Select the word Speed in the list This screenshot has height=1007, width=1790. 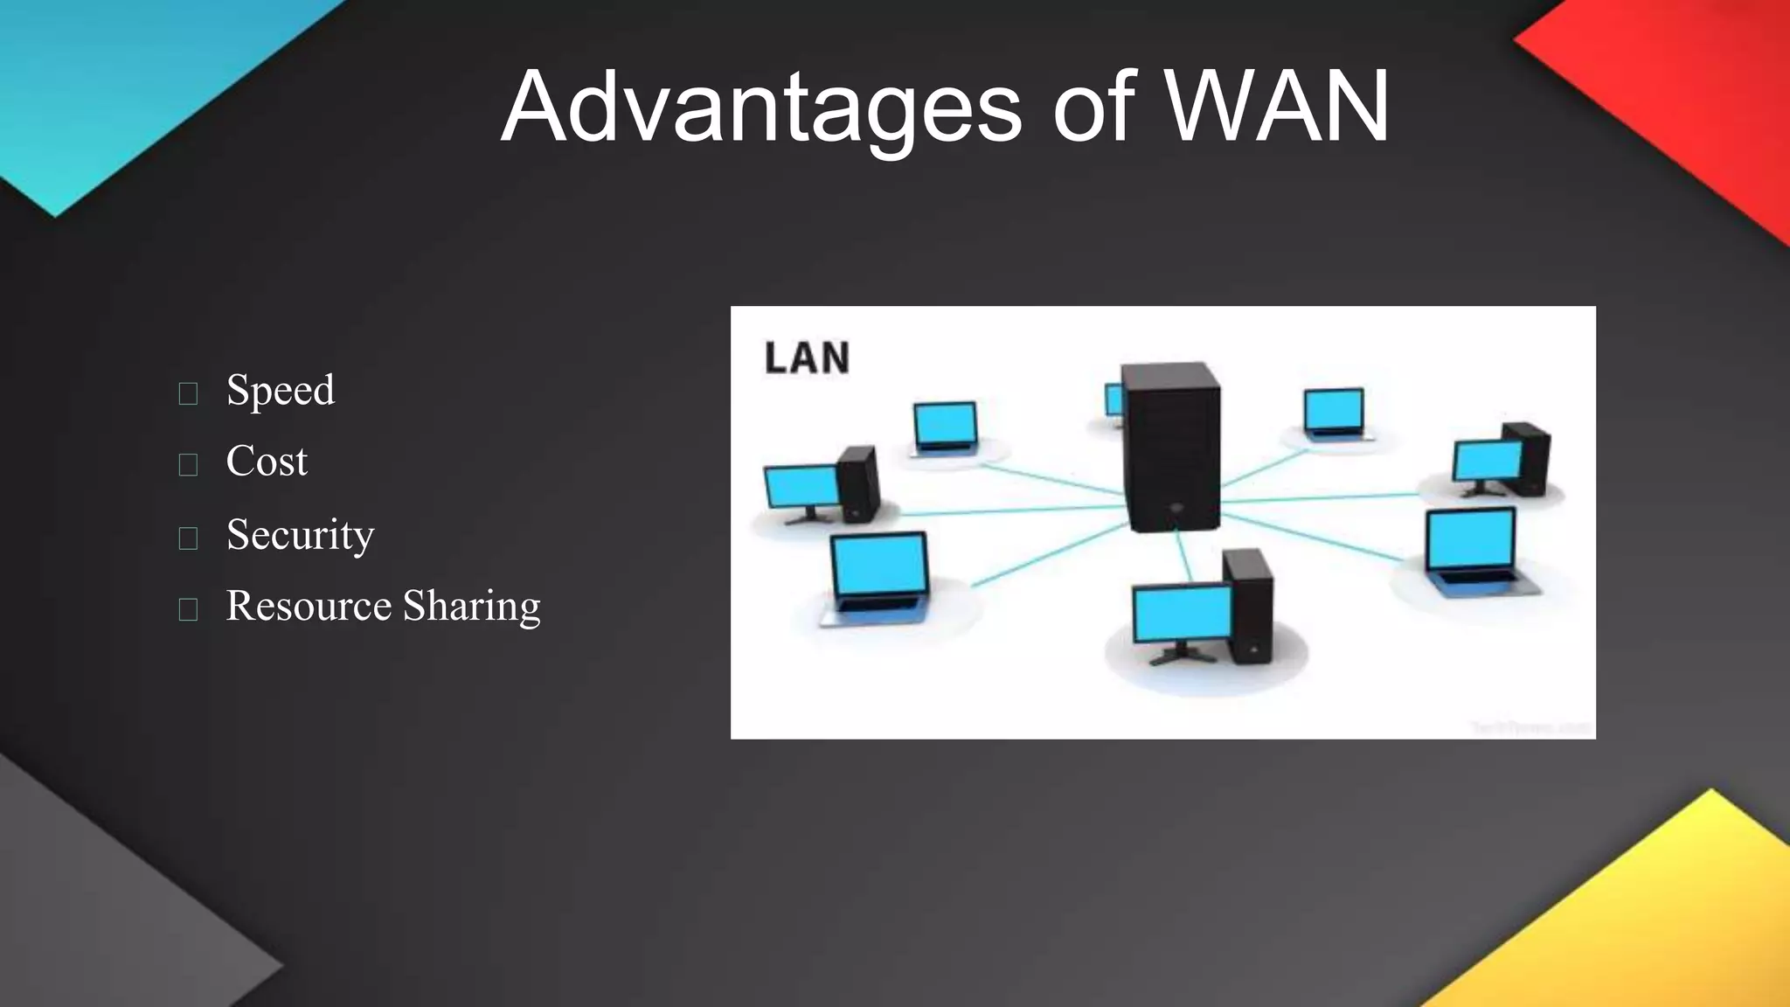pos(280,390)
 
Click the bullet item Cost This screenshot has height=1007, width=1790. pos(267,462)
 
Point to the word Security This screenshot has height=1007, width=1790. pos(300,534)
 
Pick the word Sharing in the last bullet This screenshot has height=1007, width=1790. pos(471,606)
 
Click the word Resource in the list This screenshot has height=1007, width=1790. pos(309,606)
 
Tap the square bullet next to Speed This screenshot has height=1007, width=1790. pos(188,393)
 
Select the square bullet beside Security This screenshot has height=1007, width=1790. pos(188,538)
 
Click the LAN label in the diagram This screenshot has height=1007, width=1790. pos(807,358)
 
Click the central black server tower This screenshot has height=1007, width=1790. pos(1171,446)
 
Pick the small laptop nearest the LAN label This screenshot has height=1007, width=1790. pos(945,427)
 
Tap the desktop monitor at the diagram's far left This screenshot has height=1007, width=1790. pos(801,488)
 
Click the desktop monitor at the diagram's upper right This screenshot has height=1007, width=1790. pos(1488,461)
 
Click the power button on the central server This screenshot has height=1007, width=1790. pos(1176,507)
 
